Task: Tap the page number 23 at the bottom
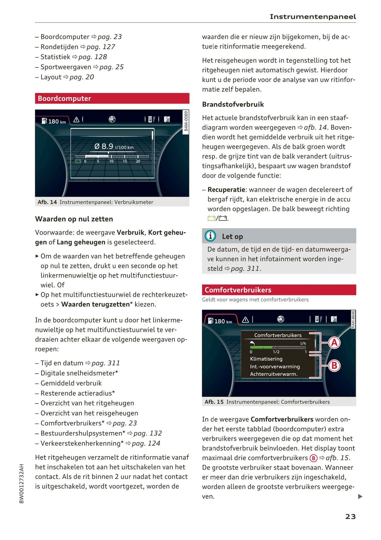click(x=350, y=517)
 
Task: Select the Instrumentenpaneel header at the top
click(x=313, y=17)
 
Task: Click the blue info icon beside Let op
click(x=210, y=236)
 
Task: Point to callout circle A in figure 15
click(x=334, y=343)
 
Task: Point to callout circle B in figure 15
click(x=334, y=366)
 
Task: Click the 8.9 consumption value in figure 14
click(x=107, y=146)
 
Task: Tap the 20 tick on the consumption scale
click(x=138, y=161)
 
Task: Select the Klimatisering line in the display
click(x=266, y=359)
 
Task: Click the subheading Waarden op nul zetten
click(x=74, y=219)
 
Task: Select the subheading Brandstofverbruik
click(x=233, y=105)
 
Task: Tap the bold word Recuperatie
click(x=226, y=190)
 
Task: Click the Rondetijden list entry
click(x=60, y=47)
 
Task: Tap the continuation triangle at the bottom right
click(x=360, y=497)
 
